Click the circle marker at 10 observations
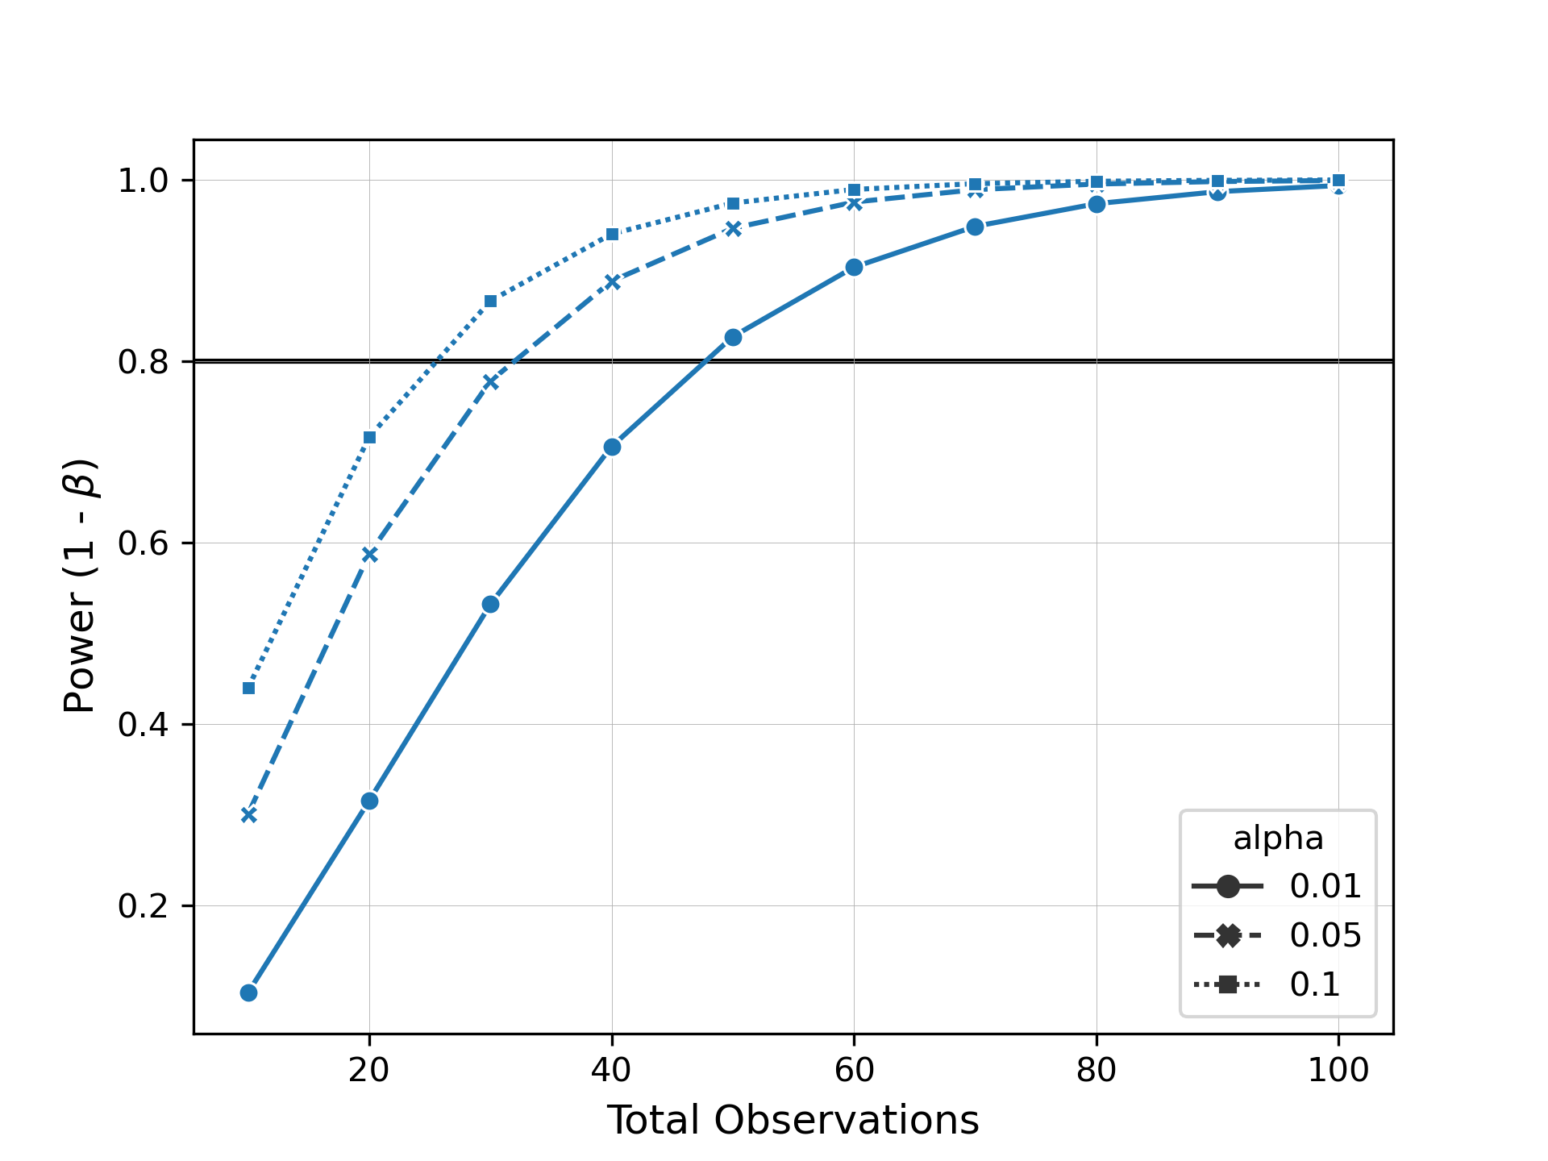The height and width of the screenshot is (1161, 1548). click(x=248, y=992)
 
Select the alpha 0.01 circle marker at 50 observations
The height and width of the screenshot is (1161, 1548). click(x=733, y=337)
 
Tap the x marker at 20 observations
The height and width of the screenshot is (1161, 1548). click(x=369, y=555)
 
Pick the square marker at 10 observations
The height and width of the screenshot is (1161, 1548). click(x=248, y=688)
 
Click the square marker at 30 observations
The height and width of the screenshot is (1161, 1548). click(x=490, y=302)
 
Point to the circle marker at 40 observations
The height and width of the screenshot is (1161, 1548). click(x=612, y=447)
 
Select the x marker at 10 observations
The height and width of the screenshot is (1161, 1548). click(x=248, y=815)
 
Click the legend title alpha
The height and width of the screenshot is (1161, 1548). click(x=1278, y=838)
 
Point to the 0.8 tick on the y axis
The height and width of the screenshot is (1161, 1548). click(x=144, y=362)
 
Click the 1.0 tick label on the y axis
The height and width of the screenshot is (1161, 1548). click(x=144, y=181)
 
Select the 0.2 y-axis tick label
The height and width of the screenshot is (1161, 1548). click(x=144, y=906)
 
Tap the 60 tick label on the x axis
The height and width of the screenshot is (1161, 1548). click(x=854, y=1070)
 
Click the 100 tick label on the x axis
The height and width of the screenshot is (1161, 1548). click(x=1338, y=1070)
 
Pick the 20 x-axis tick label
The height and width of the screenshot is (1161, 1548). click(x=369, y=1070)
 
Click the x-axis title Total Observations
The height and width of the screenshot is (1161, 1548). click(x=793, y=1121)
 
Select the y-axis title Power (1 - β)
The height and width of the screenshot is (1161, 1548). click(x=80, y=586)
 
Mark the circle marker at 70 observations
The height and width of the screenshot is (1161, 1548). click(x=975, y=227)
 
